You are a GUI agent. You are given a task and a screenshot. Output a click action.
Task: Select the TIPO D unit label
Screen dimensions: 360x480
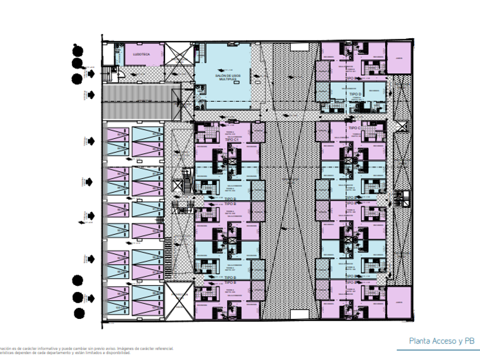coord(355,94)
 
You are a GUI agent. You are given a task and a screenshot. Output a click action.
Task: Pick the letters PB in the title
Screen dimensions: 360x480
coord(470,341)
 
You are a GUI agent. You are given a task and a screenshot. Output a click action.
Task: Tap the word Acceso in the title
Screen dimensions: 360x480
coord(445,341)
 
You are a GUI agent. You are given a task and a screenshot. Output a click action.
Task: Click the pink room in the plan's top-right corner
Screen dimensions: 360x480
coord(399,58)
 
